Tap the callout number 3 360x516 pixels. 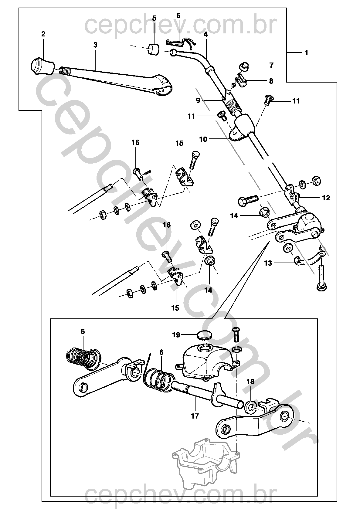tap(95, 45)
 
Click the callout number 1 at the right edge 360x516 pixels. tap(306, 53)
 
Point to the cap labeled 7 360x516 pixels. tap(244, 66)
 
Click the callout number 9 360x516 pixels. tap(198, 100)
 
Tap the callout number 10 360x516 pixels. tap(203, 139)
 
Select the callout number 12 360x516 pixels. tap(326, 198)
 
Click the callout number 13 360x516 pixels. tap(268, 263)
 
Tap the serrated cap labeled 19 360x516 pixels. tap(204, 335)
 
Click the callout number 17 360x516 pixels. tap(195, 416)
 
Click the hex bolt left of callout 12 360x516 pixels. tap(248, 201)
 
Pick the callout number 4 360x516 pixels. tap(205, 34)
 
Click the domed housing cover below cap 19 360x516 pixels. tap(206, 362)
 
